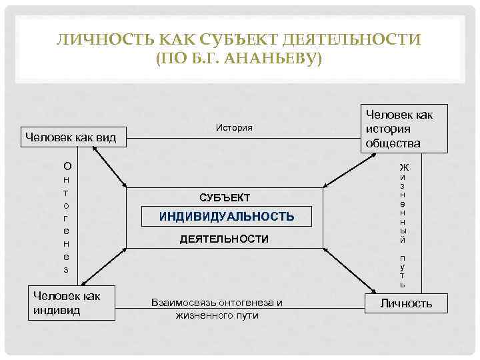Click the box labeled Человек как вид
[70, 138]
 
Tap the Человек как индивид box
[71, 303]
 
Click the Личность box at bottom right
[406, 304]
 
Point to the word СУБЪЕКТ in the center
[225, 197]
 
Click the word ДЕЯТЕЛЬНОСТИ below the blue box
[225, 239]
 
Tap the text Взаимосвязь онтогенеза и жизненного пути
[217, 309]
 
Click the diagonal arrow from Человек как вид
[109, 167]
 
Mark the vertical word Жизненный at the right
[403, 203]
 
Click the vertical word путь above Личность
[403, 271]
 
